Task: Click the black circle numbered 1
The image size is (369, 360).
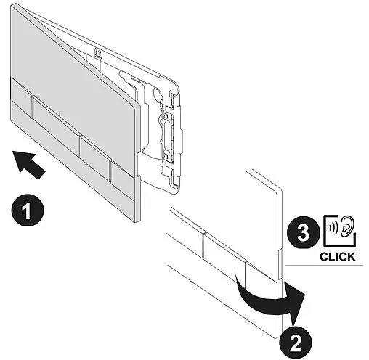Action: click(x=28, y=210)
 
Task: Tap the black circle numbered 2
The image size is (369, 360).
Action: click(x=296, y=343)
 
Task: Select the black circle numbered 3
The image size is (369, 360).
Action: click(x=304, y=232)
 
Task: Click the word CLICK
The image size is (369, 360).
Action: click(x=337, y=256)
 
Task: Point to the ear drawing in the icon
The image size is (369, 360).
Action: click(x=347, y=226)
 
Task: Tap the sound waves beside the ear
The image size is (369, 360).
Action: click(x=333, y=227)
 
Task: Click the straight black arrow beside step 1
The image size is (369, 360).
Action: click(x=28, y=164)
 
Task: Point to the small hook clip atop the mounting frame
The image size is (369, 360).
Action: click(x=98, y=53)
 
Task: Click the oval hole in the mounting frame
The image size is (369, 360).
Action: click(x=157, y=92)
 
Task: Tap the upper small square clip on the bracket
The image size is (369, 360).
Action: click(x=166, y=115)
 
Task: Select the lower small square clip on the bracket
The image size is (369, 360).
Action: click(x=166, y=157)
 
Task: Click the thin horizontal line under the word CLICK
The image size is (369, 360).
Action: click(x=324, y=266)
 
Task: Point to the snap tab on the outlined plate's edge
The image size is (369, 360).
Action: click(x=280, y=265)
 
